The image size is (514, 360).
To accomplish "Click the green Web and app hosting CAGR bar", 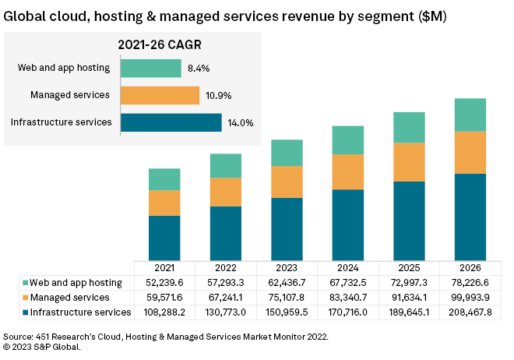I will click(151, 68).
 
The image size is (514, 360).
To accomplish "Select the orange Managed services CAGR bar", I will click(160, 95).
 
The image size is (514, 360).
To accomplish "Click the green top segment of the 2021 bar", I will click(164, 179).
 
